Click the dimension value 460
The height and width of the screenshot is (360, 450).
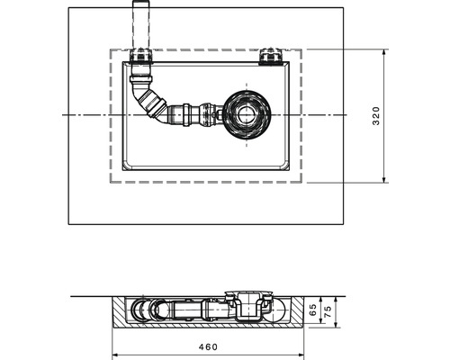(208, 346)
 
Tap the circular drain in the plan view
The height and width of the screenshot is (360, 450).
(245, 115)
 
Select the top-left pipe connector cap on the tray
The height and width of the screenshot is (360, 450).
(140, 59)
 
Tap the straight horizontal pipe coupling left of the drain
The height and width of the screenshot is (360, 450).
(192, 115)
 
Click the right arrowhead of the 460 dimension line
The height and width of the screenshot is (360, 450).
(302, 353)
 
